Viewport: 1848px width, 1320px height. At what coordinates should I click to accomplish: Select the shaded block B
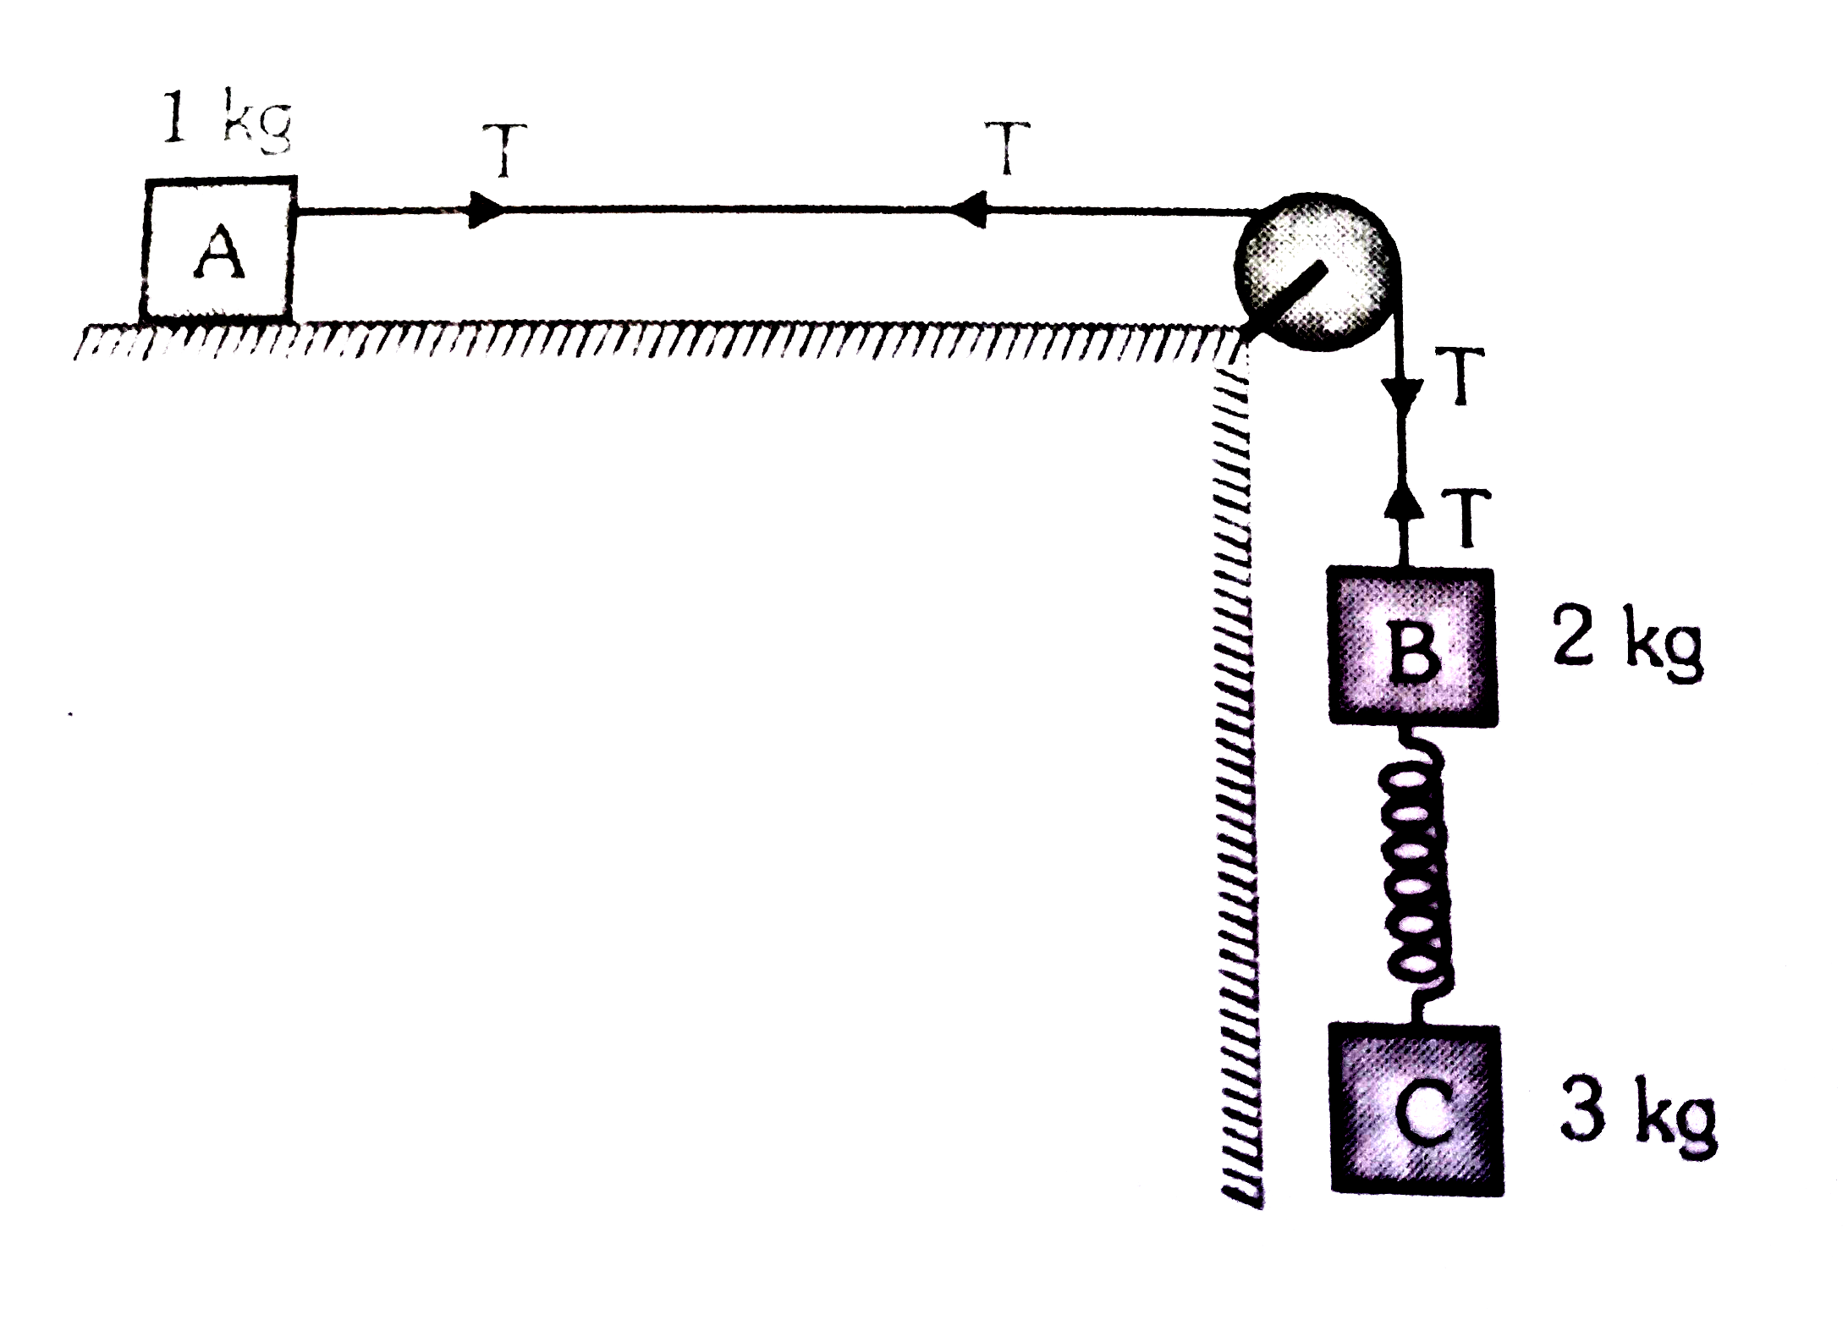tap(1411, 646)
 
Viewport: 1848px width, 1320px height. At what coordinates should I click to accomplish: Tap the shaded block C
tap(1417, 1109)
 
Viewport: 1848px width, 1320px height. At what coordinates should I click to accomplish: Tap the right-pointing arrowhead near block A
tap(486, 211)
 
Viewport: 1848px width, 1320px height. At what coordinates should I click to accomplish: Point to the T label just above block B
tap(1468, 519)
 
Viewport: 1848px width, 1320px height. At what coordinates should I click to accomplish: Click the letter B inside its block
tap(1411, 651)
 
